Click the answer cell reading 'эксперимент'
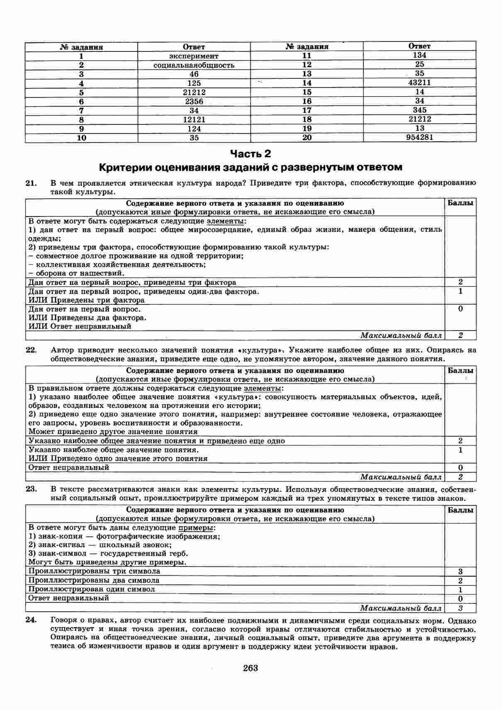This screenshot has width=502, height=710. [x=194, y=56]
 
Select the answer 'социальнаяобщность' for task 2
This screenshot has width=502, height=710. [x=194, y=65]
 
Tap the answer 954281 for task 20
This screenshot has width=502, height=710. [x=419, y=137]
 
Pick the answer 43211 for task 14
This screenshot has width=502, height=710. [x=419, y=83]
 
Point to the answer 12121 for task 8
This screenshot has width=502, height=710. [x=194, y=119]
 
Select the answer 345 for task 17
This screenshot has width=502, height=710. [x=419, y=110]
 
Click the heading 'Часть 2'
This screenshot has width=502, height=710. [x=251, y=154]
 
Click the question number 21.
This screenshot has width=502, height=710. [x=32, y=183]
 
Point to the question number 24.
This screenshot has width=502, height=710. [x=32, y=621]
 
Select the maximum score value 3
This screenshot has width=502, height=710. [x=461, y=608]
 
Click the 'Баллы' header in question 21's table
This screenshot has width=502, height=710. [x=461, y=203]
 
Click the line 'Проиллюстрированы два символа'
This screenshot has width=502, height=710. [x=94, y=581]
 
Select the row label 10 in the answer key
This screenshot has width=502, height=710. [x=82, y=138]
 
